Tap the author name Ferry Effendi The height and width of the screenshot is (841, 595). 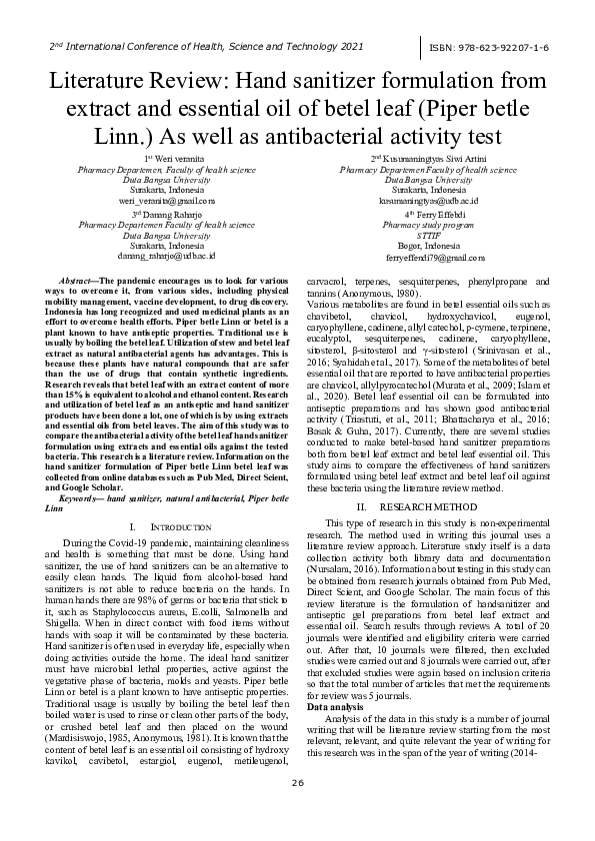click(432, 214)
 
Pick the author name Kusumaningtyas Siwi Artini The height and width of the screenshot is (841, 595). click(432, 159)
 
